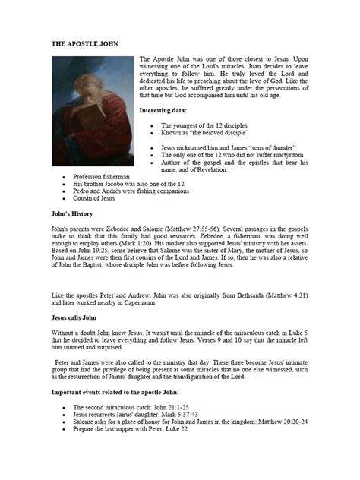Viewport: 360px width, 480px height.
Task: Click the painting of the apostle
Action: tap(92, 111)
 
